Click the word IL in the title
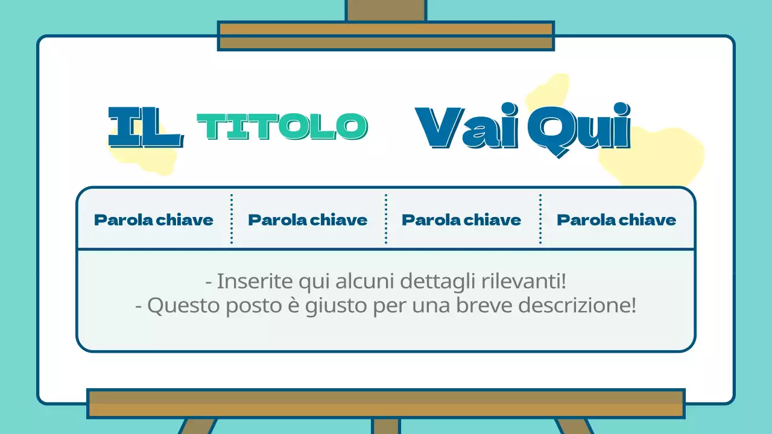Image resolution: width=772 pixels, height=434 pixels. point(145,128)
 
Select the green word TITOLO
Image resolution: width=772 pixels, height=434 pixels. point(282,127)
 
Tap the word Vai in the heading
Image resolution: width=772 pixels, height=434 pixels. point(466,128)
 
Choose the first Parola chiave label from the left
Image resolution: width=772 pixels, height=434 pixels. point(154,219)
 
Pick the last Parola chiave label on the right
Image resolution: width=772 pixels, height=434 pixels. point(616,219)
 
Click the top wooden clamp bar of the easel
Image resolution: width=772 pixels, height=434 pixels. point(385,36)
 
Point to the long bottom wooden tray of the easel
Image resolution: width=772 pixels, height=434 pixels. point(385,403)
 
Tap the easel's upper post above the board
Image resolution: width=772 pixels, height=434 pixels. point(385,10)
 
